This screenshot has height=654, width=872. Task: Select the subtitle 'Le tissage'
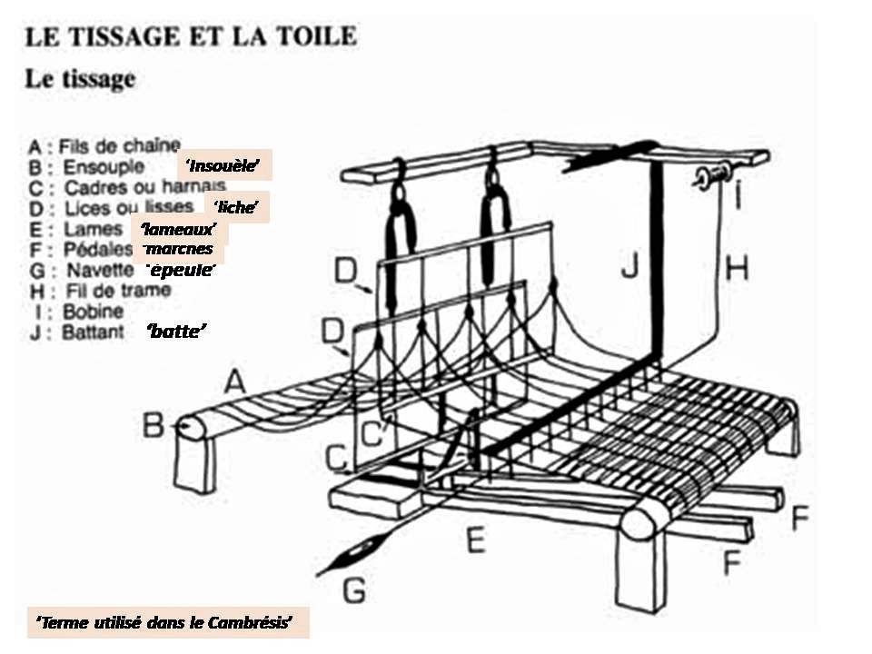(x=80, y=80)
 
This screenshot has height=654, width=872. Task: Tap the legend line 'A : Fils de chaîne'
(x=104, y=145)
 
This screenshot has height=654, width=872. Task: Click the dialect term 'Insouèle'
(x=223, y=165)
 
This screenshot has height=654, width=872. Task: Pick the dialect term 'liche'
(x=237, y=208)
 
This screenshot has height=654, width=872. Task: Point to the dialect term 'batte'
(x=178, y=333)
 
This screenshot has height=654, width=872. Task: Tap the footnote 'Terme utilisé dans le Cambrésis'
(x=168, y=623)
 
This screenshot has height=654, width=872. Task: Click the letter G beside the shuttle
(x=354, y=591)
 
